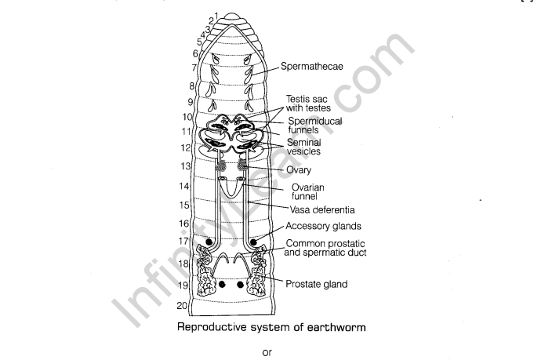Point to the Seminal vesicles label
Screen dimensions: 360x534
coord(310,147)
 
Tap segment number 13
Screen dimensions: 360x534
coord(186,166)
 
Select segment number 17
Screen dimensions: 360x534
coord(183,242)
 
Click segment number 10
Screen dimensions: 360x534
coord(187,116)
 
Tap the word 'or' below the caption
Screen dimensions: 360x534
coord(267,352)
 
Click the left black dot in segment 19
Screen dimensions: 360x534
coord(223,284)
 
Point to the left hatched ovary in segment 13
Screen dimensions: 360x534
coord(222,167)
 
